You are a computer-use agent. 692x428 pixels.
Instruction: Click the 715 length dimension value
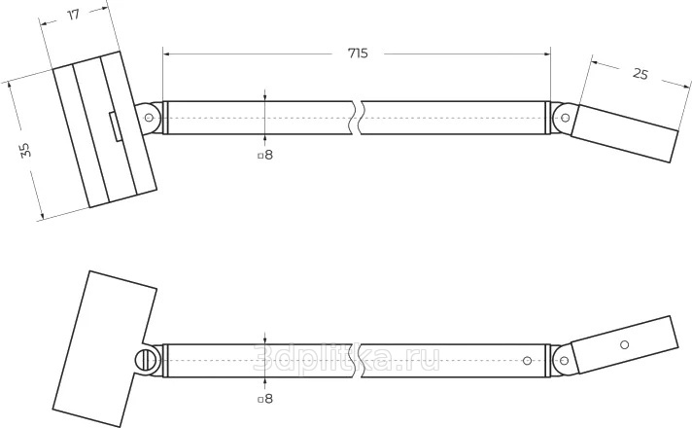(x=358, y=53)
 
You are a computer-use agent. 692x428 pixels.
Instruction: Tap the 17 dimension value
(x=73, y=15)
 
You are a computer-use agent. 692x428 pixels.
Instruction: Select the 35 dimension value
(x=25, y=150)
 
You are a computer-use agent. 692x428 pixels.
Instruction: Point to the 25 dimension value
(x=640, y=74)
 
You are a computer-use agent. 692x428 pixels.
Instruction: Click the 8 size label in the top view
(x=269, y=155)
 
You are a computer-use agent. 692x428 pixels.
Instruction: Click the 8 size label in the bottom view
(x=269, y=399)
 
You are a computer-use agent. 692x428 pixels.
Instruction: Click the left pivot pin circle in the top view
(x=149, y=118)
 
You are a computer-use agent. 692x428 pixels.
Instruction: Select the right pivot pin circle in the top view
(x=565, y=118)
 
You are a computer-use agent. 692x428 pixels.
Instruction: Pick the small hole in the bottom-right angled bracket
(x=624, y=344)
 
